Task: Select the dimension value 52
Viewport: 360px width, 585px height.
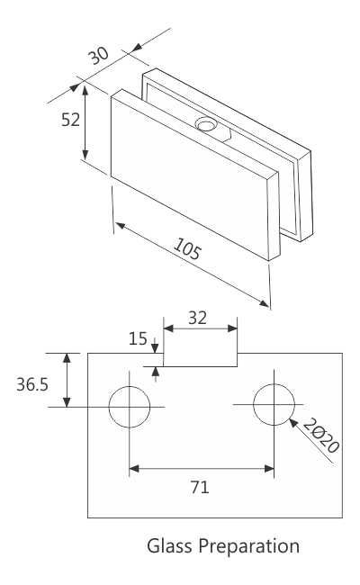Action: tap(70, 120)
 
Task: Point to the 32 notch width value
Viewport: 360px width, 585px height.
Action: tap(200, 317)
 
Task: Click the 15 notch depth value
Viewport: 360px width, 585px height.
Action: tap(138, 339)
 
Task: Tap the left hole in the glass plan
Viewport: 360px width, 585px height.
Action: tap(130, 407)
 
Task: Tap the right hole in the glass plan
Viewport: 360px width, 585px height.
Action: tap(274, 406)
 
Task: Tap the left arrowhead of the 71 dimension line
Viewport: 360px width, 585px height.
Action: tap(133, 468)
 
